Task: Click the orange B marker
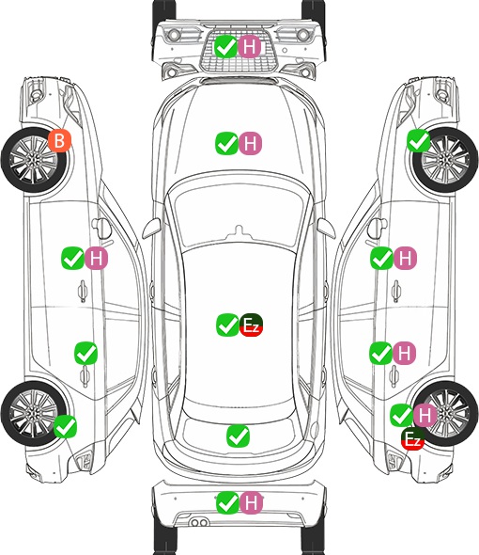tap(60, 140)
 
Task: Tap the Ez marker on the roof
tap(252, 325)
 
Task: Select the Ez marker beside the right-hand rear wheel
tap(412, 439)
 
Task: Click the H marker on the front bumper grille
tap(249, 46)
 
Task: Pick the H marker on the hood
tap(250, 143)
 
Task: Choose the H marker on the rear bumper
tap(251, 502)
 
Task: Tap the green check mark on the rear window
tap(238, 436)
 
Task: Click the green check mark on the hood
tap(226, 143)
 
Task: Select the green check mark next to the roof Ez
tap(227, 325)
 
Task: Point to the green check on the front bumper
tap(225, 46)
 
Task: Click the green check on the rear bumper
tap(227, 502)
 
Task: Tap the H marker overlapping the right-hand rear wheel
tap(425, 415)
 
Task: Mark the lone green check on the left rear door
tap(85, 353)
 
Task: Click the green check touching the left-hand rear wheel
tap(65, 426)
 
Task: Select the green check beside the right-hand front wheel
tap(419, 140)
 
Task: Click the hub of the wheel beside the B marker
tap(33, 160)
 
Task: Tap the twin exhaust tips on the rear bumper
tap(199, 523)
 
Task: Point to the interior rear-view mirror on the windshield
tap(239, 232)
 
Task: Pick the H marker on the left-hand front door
tap(96, 258)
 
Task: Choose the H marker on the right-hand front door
tap(405, 258)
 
